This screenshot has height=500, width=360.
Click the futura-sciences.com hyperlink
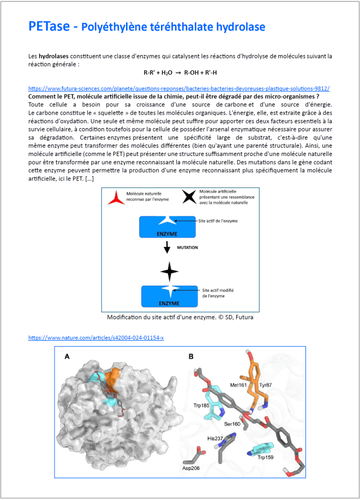179,88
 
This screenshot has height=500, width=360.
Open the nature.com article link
96,338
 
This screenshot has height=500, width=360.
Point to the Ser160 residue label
232,424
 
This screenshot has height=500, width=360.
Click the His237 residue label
214,437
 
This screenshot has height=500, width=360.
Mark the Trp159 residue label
265,457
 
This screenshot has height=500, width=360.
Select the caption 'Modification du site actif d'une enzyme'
180,317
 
